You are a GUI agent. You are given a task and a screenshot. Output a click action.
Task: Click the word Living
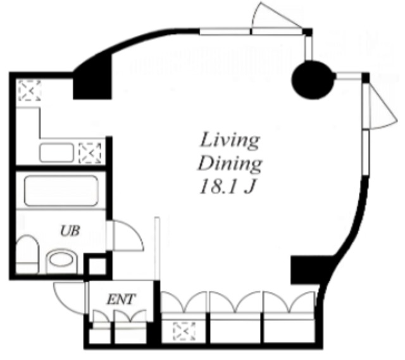[229, 140]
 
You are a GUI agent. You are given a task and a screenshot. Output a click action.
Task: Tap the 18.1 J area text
[228, 186]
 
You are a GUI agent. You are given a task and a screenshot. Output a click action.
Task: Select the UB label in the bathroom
[70, 231]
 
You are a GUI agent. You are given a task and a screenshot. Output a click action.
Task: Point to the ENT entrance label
[121, 299]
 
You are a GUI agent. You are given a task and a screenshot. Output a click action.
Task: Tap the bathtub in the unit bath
[61, 190]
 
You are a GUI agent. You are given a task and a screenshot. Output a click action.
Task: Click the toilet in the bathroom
[27, 254]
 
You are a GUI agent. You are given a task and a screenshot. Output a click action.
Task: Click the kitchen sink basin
[56, 152]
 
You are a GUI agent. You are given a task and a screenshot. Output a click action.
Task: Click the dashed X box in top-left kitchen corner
[30, 90]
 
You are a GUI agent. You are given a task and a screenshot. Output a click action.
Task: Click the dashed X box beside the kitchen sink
[90, 153]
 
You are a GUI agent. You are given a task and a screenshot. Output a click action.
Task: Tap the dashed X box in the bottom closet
[184, 331]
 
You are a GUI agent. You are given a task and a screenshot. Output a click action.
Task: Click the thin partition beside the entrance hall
[157, 249]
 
